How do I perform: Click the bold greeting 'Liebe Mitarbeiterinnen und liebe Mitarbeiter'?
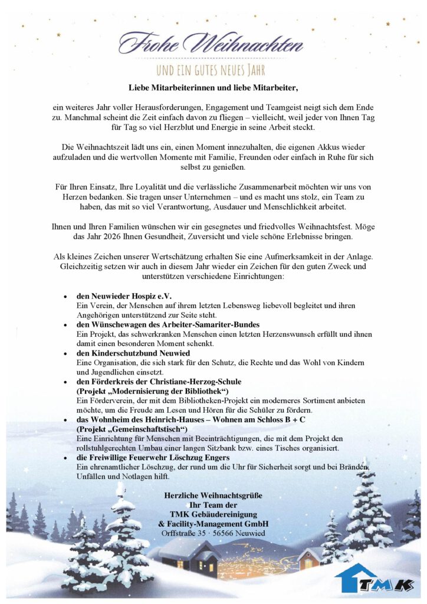pyautogui.click(x=213, y=88)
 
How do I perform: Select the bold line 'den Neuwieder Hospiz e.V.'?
pyautogui.click(x=124, y=296)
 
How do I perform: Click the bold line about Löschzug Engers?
pyautogui.click(x=153, y=457)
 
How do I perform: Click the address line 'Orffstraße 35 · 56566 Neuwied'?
pyautogui.click(x=213, y=533)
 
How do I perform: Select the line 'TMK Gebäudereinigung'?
pyautogui.click(x=213, y=514)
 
